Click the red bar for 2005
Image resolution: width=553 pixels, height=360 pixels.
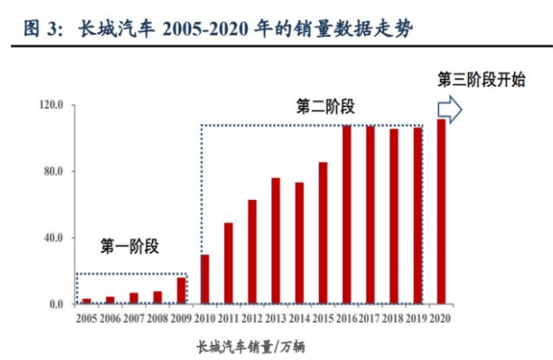[x=86, y=301]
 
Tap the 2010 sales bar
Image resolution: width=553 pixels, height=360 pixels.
[x=205, y=279]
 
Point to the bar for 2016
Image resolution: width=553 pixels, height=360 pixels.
[x=346, y=214]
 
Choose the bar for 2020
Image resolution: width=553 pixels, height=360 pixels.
[x=441, y=212]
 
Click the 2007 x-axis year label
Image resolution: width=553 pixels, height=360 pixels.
[x=133, y=319]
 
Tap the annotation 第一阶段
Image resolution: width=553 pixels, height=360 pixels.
[x=130, y=247]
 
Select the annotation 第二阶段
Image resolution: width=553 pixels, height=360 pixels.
[x=325, y=106]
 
